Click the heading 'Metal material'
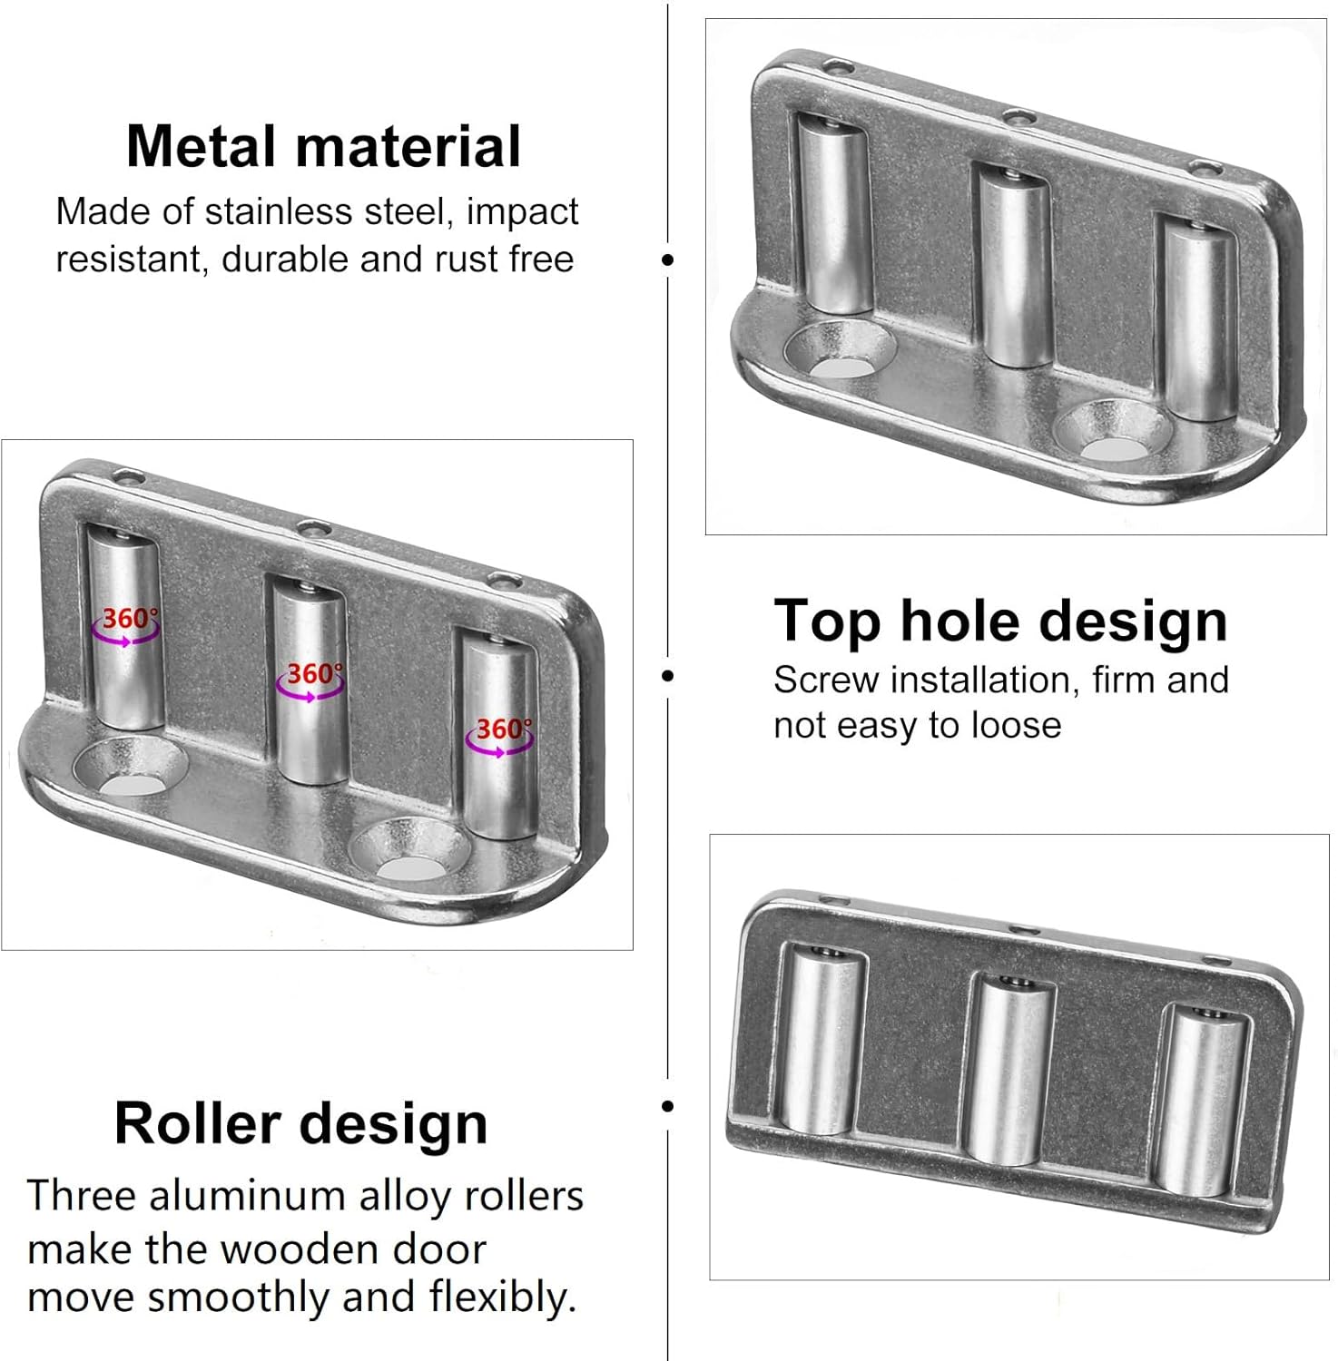323,146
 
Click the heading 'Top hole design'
1000,622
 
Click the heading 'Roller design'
301,1125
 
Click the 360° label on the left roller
128,619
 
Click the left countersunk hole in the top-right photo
841,349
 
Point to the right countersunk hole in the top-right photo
1115,429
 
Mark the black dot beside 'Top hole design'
669,675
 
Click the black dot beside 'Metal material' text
669,259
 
